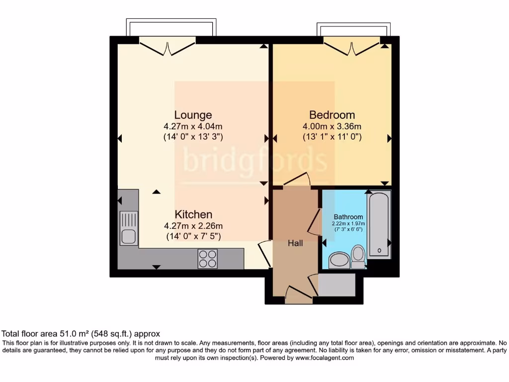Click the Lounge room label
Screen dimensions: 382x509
[193, 115]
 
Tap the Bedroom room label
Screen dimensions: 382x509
[332, 114]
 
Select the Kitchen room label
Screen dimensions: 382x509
[193, 214]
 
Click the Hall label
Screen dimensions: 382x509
[295, 243]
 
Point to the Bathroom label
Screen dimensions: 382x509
[348, 217]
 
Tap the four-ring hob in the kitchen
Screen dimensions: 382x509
[207, 258]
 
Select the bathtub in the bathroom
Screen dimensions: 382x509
[379, 225]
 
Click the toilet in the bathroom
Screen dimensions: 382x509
[358, 254]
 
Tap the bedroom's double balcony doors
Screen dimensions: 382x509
[352, 48]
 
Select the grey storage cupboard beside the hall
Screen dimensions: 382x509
[337, 285]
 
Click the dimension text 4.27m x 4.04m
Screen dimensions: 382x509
[193, 126]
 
